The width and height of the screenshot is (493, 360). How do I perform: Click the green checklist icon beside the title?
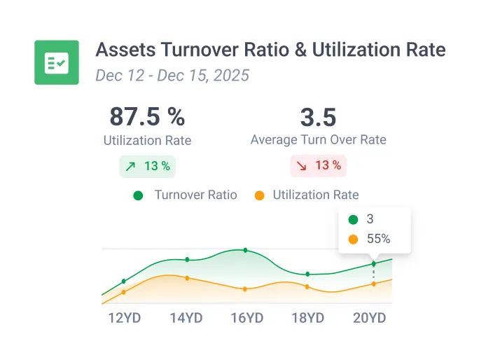pyautogui.click(x=56, y=62)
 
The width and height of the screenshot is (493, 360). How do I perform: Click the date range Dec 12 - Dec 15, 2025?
pyautogui.click(x=172, y=75)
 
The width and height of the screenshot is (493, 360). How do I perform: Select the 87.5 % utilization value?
pyautogui.click(x=147, y=116)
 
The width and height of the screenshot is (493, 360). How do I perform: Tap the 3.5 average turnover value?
pyautogui.click(x=318, y=116)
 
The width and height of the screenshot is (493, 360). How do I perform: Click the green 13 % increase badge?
pyautogui.click(x=148, y=166)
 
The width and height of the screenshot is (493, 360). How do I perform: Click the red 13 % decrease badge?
pyautogui.click(x=319, y=166)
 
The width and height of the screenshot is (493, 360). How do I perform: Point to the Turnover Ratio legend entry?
pyautogui.click(x=186, y=195)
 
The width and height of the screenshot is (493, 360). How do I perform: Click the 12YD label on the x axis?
pyautogui.click(x=125, y=318)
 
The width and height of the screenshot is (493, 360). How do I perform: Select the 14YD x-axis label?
pyautogui.click(x=186, y=318)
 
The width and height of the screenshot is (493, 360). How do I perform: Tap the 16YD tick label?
pyautogui.click(x=247, y=318)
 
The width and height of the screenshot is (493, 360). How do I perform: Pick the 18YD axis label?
pyautogui.click(x=307, y=318)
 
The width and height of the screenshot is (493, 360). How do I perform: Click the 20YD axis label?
pyautogui.click(x=369, y=318)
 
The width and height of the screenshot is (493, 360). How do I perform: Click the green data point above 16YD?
pyautogui.click(x=245, y=250)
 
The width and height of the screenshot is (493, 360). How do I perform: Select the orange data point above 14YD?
pyautogui.click(x=187, y=278)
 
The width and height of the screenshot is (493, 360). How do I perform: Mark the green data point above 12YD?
pyautogui.click(x=124, y=282)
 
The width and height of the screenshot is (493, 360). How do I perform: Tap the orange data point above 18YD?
pyautogui.click(x=307, y=286)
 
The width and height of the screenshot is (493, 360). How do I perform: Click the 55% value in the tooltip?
pyautogui.click(x=378, y=239)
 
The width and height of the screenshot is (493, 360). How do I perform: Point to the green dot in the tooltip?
pyautogui.click(x=353, y=219)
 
